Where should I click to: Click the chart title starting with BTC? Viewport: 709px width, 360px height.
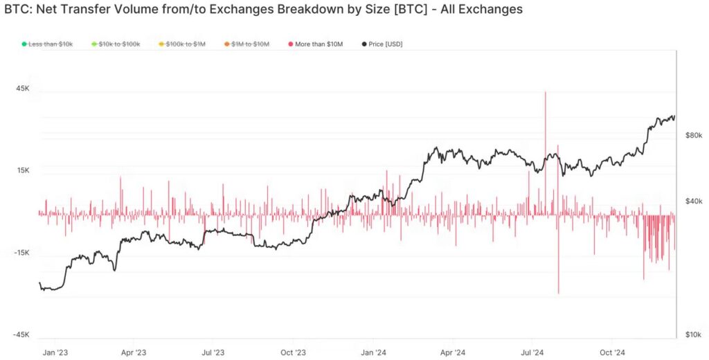263,10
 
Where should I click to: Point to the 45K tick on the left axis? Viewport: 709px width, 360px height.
22,89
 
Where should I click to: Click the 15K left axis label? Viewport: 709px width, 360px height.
22,170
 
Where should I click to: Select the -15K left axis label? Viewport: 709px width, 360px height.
21,253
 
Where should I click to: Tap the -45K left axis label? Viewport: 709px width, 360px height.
21,334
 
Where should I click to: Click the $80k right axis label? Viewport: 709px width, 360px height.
694,135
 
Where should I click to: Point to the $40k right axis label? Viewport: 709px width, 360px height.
694,201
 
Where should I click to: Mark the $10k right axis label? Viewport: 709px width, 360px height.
694,334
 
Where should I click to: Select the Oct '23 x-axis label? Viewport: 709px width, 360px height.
293,352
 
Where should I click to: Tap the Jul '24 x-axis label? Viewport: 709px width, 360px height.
532,352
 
